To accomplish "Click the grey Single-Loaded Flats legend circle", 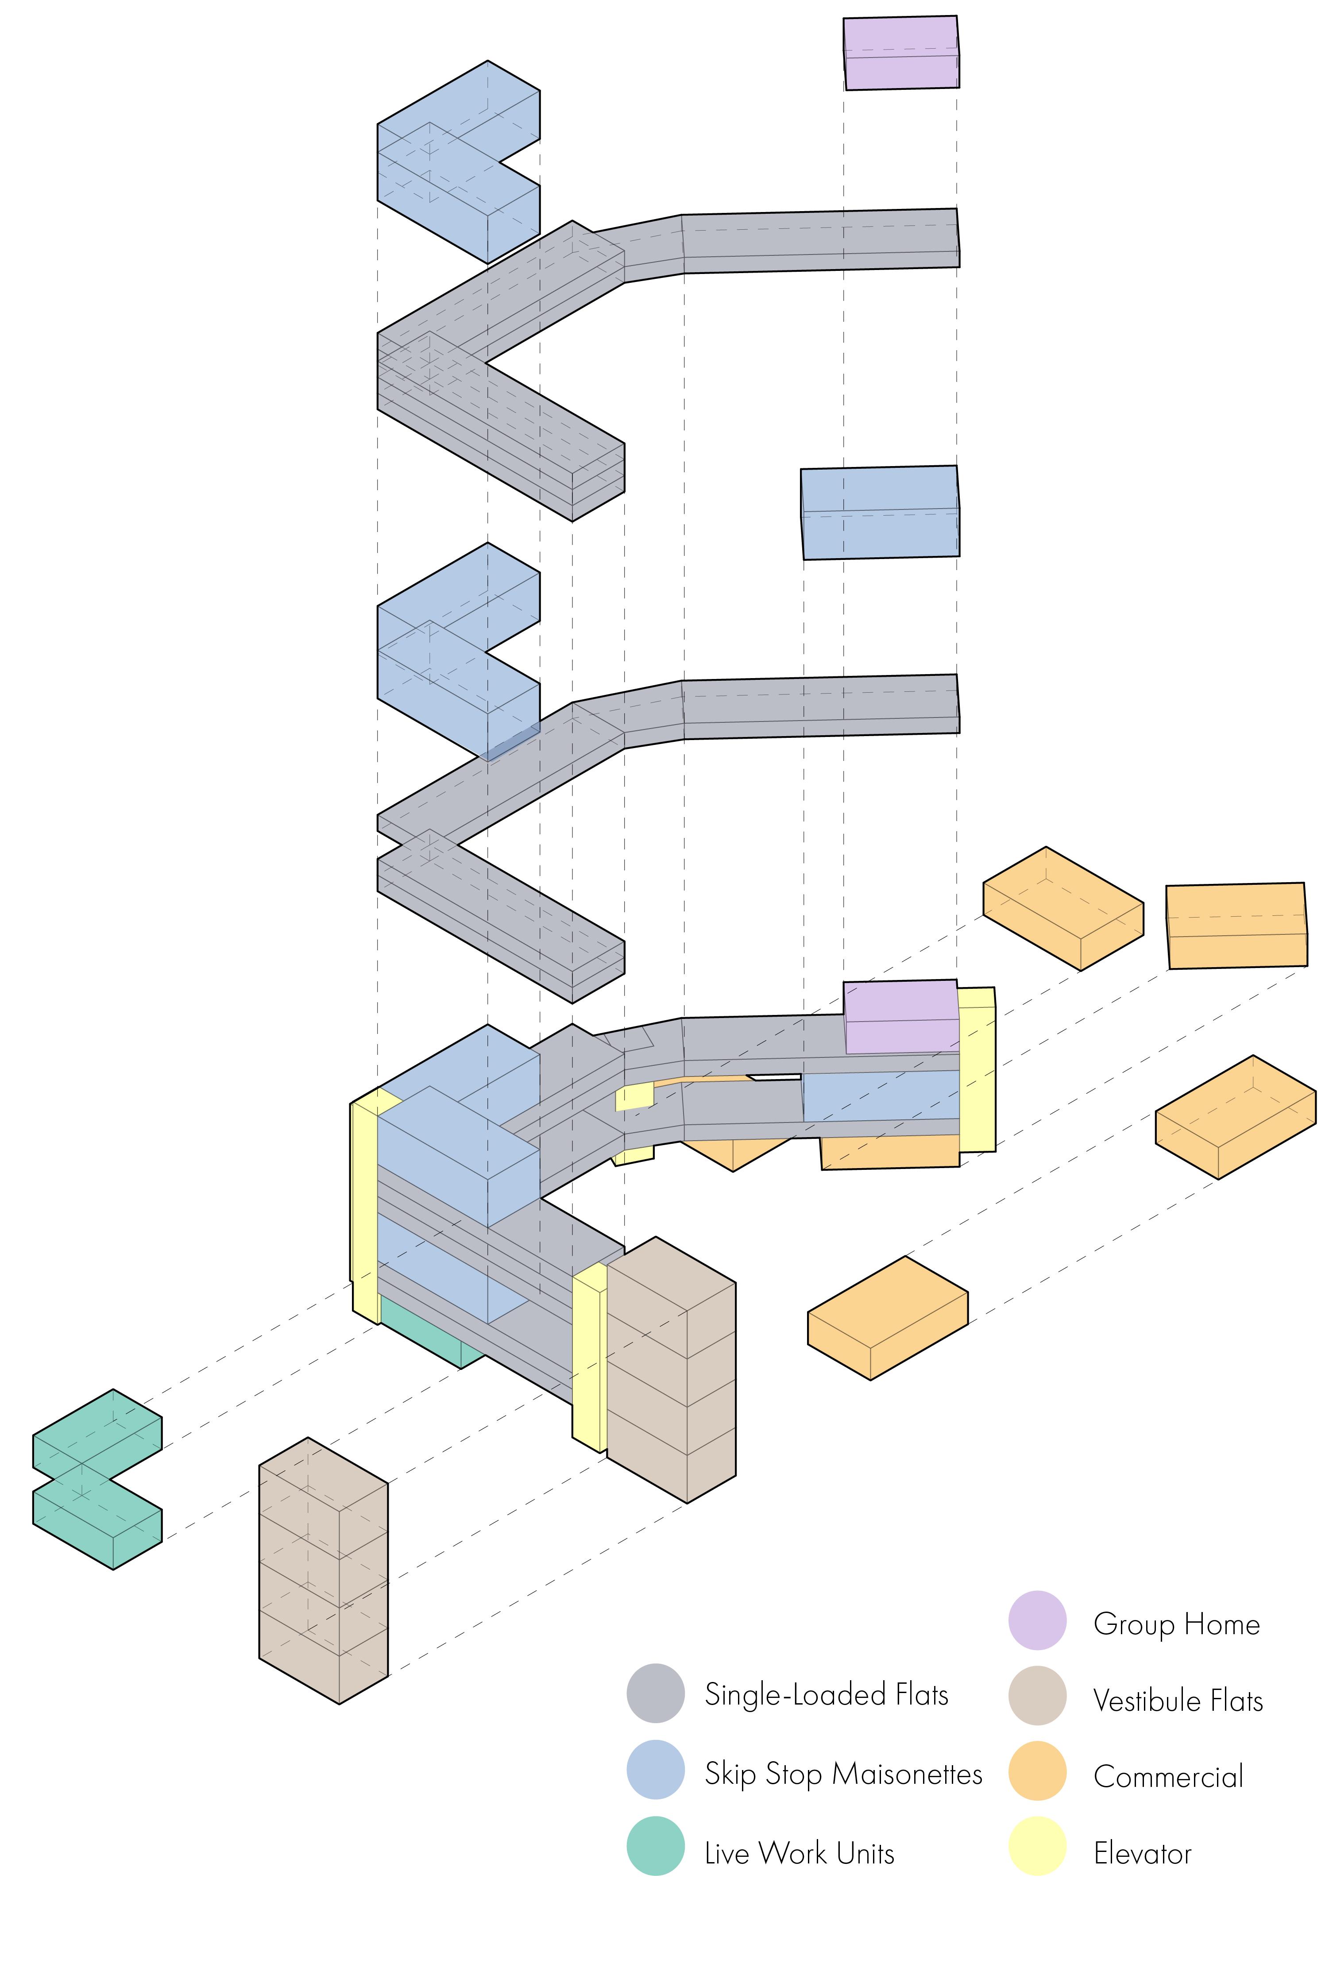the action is (655, 1694).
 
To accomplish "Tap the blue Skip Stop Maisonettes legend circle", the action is (655, 1769).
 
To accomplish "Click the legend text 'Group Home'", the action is (1176, 1624).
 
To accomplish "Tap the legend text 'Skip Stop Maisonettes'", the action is (843, 1773).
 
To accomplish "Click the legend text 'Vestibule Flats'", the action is (1178, 1701).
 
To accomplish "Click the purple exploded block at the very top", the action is (901, 53).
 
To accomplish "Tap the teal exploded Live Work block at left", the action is (96, 1478).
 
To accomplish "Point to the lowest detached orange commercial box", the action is (887, 1318).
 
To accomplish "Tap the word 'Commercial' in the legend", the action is (1168, 1777).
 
